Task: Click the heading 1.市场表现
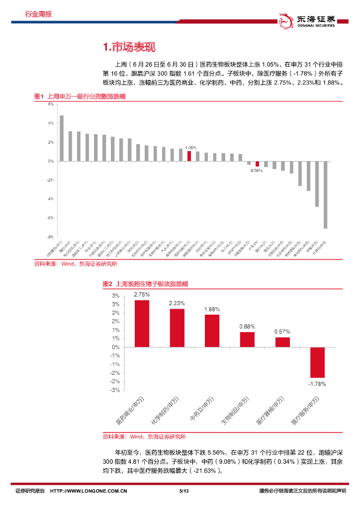[x=129, y=47]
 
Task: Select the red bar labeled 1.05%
[x=189, y=156]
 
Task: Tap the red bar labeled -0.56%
[x=257, y=164]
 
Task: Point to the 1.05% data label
[x=190, y=148]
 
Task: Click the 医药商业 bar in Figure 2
[x=142, y=323]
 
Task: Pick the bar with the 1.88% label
[x=212, y=331]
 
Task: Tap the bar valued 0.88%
[x=247, y=339]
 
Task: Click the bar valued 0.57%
[x=282, y=342]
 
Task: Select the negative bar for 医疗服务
[x=317, y=362]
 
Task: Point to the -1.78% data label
[x=317, y=384]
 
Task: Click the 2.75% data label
[x=142, y=294]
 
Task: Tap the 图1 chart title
[x=79, y=96]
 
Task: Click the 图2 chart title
[x=145, y=284]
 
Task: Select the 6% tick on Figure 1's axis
[x=51, y=104]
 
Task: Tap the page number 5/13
[x=183, y=491]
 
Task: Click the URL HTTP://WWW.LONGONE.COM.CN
[x=90, y=491]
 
